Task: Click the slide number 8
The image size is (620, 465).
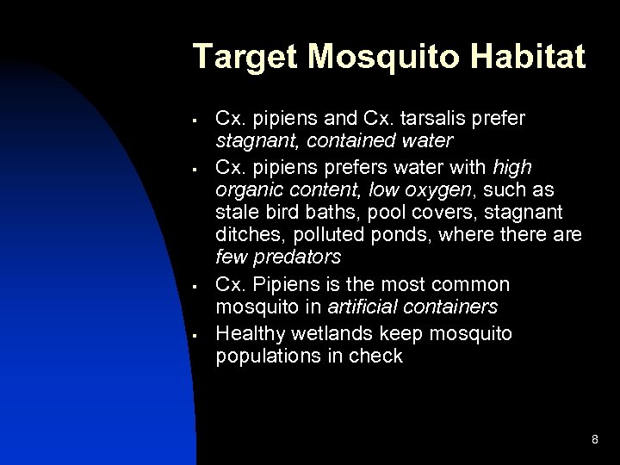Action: (595, 440)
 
